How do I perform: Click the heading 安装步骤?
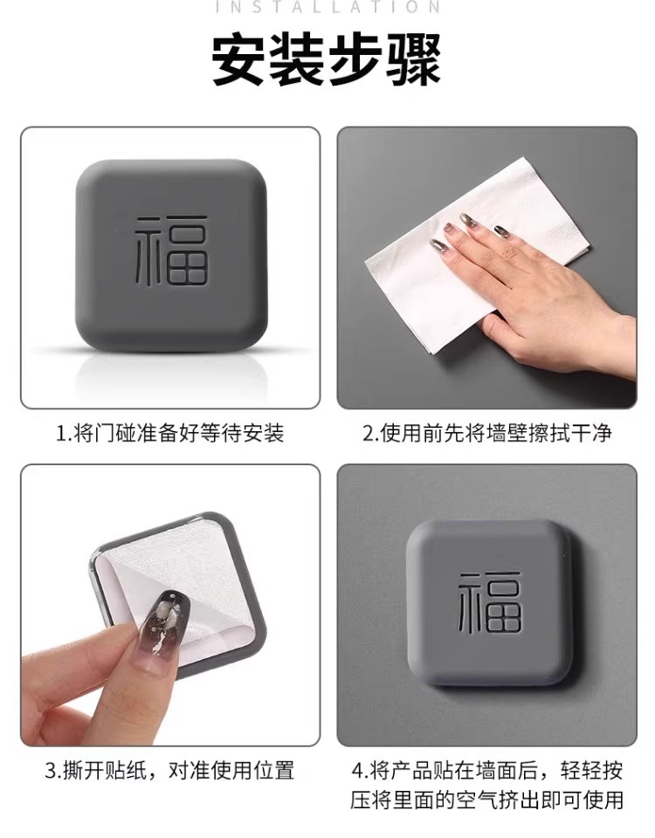point(327,59)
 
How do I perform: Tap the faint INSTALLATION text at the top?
point(327,7)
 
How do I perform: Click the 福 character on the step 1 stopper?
point(170,251)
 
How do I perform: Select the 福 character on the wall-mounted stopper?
point(490,603)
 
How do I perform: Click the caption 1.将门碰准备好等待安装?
point(170,433)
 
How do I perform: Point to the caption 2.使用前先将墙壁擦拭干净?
point(487,433)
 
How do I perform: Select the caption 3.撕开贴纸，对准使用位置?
point(170,771)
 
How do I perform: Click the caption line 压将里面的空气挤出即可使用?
point(487,800)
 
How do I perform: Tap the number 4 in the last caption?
point(358,771)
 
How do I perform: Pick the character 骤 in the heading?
point(414,59)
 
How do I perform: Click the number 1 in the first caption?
point(60,434)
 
